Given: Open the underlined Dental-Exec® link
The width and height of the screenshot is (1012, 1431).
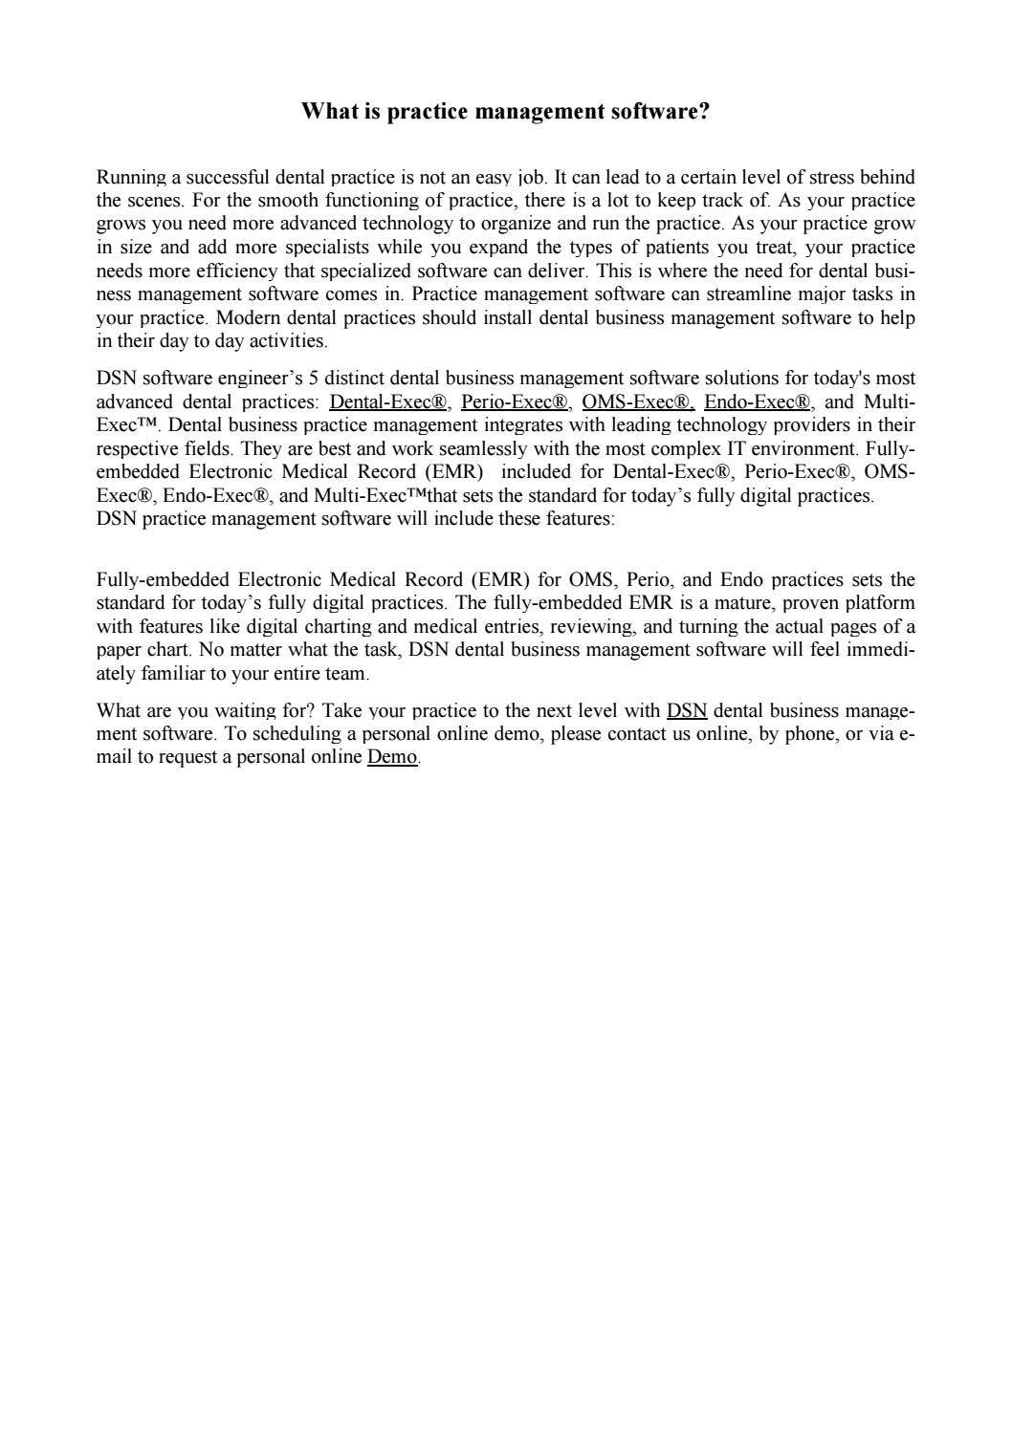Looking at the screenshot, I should [388, 402].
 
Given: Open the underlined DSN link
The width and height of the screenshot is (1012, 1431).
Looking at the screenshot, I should [687, 711].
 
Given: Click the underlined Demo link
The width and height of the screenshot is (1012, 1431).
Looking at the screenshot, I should [392, 758].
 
